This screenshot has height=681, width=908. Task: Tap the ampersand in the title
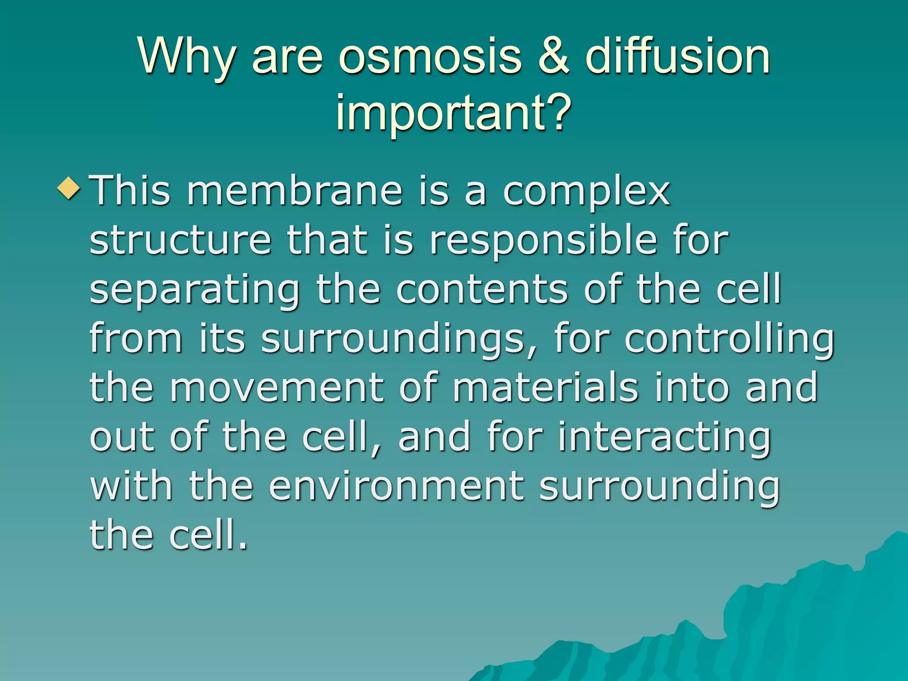[x=554, y=57]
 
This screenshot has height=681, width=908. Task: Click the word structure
[x=180, y=240]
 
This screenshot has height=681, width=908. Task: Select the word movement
[x=277, y=387]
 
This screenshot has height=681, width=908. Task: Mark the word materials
[x=545, y=387]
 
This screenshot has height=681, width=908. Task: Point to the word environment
[x=396, y=486]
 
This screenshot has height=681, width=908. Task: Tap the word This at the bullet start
[x=130, y=192]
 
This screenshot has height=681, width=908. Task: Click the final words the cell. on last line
[x=168, y=535]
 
